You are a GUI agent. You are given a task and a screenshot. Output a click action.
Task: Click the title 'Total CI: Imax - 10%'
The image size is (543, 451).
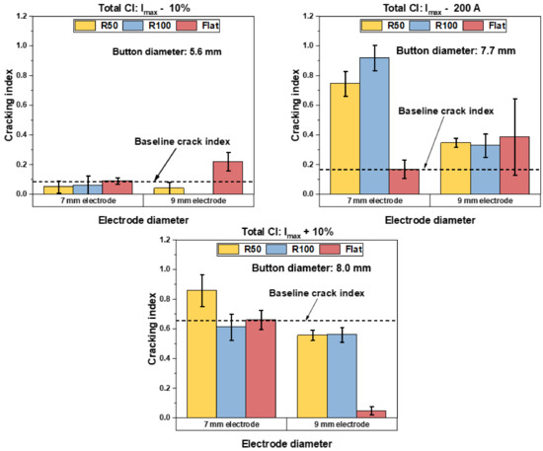tap(132, 7)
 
